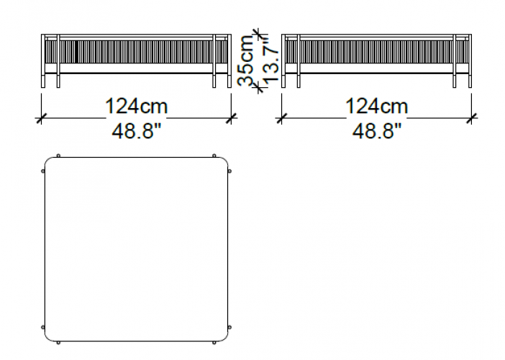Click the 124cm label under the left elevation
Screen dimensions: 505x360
[x=136, y=107]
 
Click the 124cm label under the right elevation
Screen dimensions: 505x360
[x=376, y=107]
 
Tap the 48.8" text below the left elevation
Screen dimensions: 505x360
[x=136, y=132]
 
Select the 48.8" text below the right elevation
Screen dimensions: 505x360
[x=376, y=132]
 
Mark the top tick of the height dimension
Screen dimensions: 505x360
[x=257, y=32]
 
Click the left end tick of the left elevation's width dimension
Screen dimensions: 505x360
[x=40, y=118]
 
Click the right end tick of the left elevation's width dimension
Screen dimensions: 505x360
[x=231, y=118]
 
